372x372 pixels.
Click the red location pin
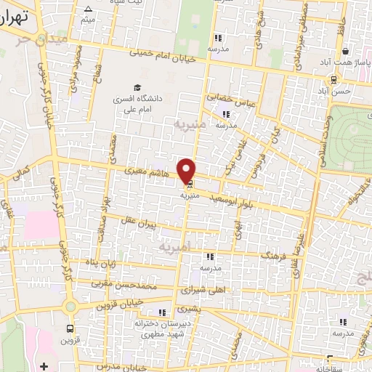pos(187,170)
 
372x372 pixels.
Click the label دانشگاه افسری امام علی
pos(137,102)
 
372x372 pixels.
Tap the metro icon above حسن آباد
pos(333,79)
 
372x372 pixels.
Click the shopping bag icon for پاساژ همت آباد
pos(345,52)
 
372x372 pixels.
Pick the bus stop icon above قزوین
pos(69,328)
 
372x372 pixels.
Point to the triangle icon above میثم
pos(88,9)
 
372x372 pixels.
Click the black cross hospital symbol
pos(45,364)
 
